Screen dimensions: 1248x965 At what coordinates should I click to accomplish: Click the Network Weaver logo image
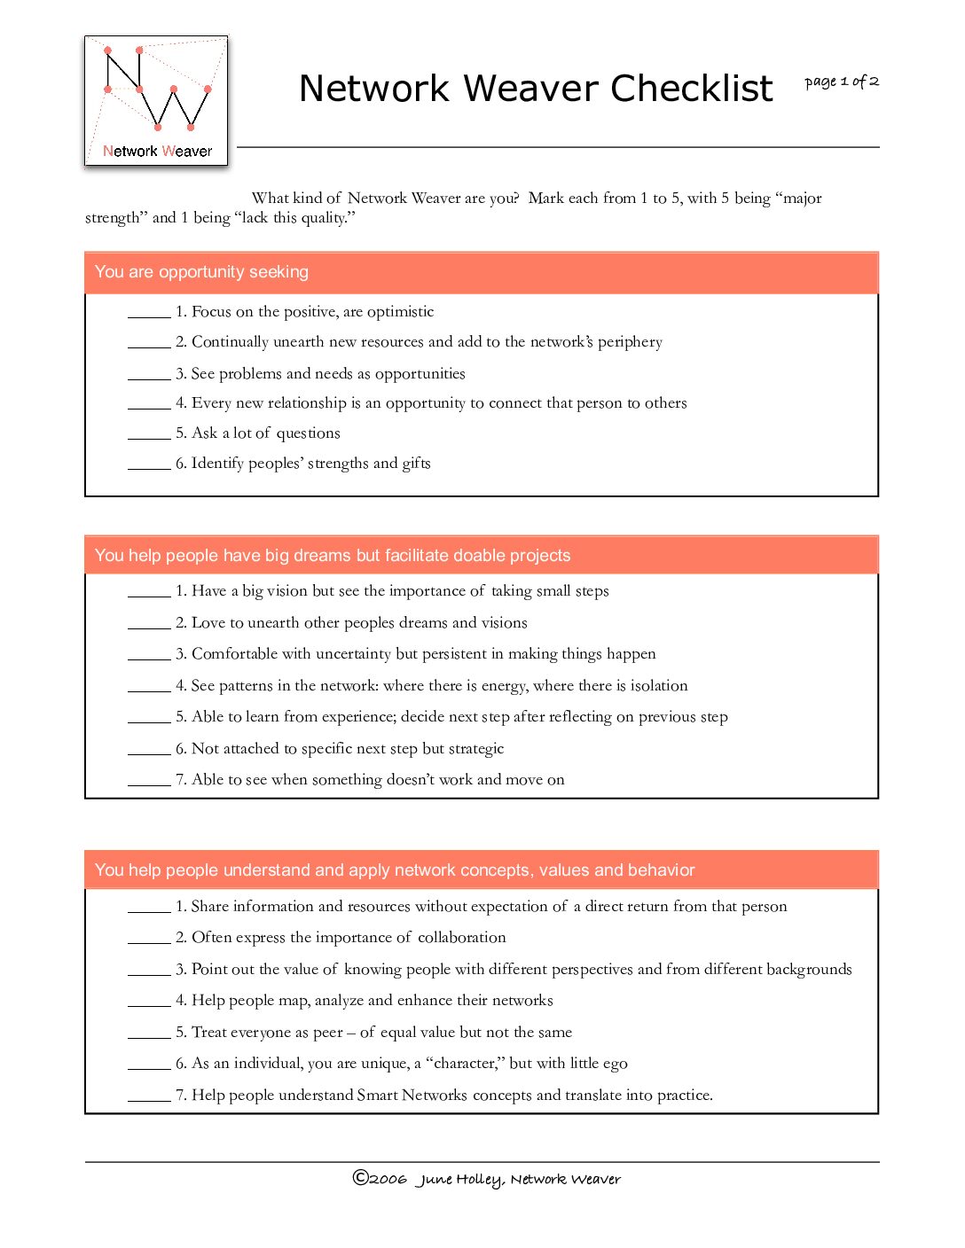(x=156, y=100)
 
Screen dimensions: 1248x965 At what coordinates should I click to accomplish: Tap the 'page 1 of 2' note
(x=841, y=82)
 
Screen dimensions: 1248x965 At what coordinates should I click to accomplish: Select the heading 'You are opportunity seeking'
(x=201, y=272)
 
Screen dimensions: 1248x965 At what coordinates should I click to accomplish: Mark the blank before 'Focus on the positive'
(x=149, y=313)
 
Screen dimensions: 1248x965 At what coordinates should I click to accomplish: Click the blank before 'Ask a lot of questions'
(x=149, y=434)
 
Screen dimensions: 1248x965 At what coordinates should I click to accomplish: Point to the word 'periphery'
(x=630, y=342)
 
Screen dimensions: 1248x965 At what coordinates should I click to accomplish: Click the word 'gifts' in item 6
(x=416, y=464)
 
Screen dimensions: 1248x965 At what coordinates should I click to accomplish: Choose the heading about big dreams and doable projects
(x=333, y=556)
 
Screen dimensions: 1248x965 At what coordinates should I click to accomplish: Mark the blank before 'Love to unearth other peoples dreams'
(x=149, y=624)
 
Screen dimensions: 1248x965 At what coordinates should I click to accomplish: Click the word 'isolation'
(x=658, y=686)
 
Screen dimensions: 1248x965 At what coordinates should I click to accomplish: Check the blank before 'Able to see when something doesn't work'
(x=149, y=781)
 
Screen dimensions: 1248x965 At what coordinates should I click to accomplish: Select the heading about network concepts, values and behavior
(x=395, y=870)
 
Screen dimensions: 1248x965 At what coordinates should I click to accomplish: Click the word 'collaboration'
(x=461, y=938)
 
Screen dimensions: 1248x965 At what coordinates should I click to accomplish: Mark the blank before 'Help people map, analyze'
(x=149, y=1002)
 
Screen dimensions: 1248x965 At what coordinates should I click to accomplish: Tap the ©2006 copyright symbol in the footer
(x=360, y=1178)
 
